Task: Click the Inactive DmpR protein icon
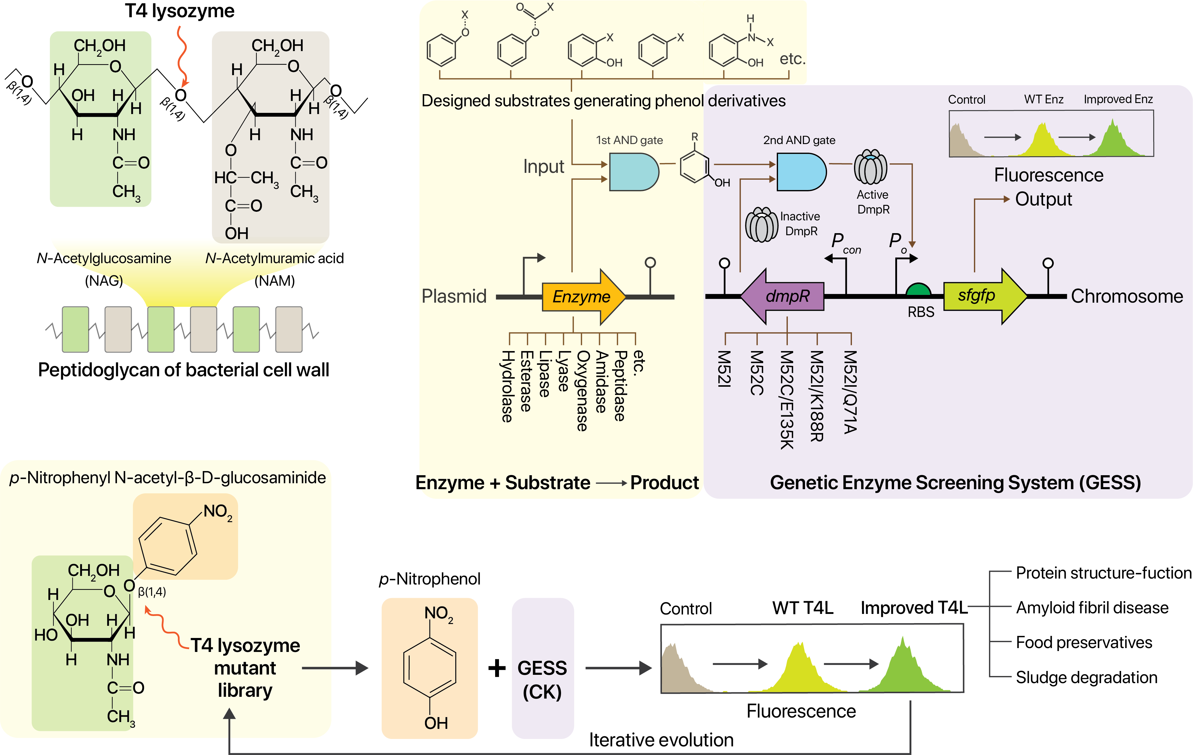(x=761, y=225)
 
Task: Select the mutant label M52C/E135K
(x=787, y=399)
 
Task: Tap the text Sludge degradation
(x=1086, y=677)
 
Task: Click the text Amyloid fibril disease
(x=1092, y=607)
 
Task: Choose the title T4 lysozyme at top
(x=179, y=11)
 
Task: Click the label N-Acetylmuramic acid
(x=275, y=258)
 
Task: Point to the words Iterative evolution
(x=661, y=740)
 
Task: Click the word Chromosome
(x=1127, y=296)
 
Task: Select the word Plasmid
(x=454, y=296)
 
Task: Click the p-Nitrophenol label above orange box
(x=430, y=579)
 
